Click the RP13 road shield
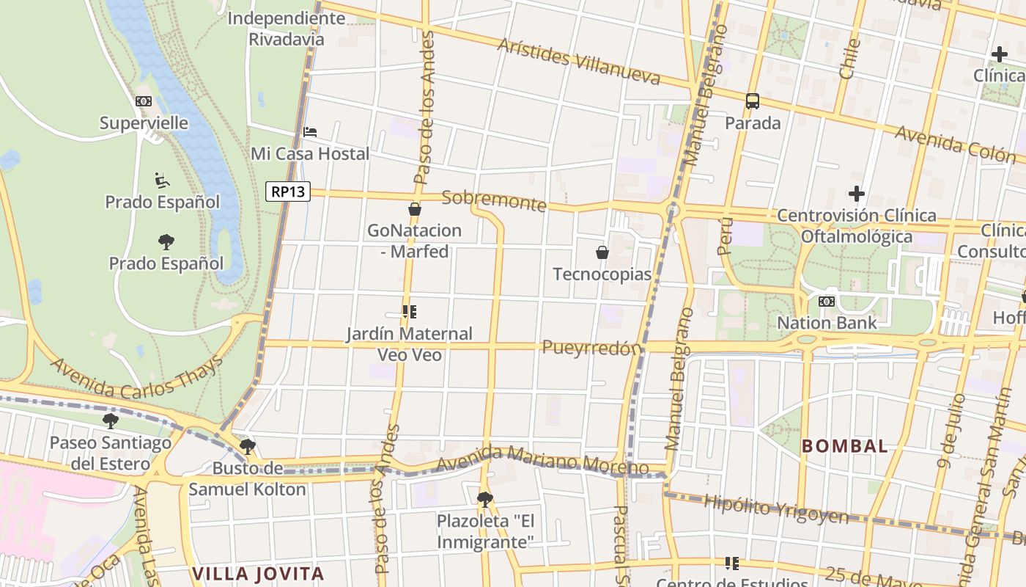[x=288, y=192]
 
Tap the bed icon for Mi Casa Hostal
[x=310, y=132]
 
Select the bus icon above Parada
[x=753, y=101]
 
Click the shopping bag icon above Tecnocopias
[x=602, y=252]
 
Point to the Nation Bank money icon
[x=827, y=302]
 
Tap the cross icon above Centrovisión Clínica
[x=856, y=194]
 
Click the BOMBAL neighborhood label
[x=845, y=445]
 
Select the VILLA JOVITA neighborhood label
[x=258, y=573]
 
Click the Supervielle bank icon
[x=144, y=101]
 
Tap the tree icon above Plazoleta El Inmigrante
[x=484, y=500]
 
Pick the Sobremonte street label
[x=495, y=200]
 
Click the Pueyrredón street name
[x=591, y=348]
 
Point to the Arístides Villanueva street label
[x=579, y=61]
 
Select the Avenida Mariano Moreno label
[x=542, y=464]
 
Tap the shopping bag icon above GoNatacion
[x=415, y=209]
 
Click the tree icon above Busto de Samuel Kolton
[x=248, y=446]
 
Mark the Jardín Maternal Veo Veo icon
[x=410, y=312]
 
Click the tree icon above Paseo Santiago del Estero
[x=111, y=421]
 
